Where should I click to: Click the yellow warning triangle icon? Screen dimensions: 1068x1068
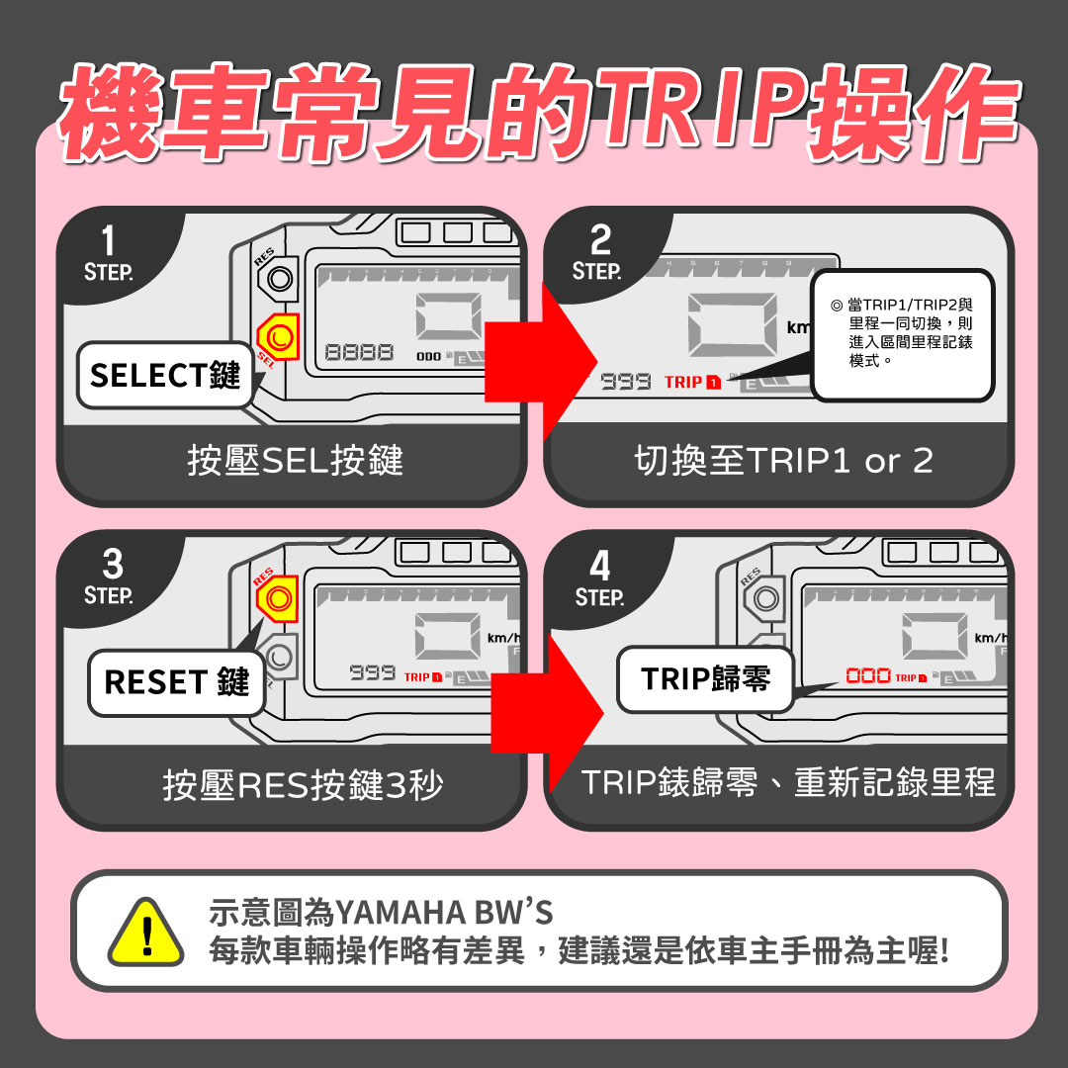click(145, 932)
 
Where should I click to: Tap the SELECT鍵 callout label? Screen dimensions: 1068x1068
click(164, 375)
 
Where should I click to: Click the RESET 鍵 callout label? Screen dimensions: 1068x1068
click(176, 682)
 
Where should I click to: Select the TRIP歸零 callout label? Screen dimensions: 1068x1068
click(705, 679)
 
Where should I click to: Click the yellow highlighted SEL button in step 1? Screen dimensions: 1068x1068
click(278, 338)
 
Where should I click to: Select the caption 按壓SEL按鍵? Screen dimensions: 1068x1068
click(295, 461)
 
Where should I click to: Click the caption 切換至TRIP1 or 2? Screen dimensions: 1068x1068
click(782, 461)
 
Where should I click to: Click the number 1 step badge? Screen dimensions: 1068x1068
click(109, 253)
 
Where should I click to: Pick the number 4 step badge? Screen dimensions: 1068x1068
click(599, 578)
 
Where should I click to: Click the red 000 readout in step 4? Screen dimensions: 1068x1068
click(868, 675)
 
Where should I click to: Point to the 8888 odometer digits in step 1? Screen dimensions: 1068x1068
click(358, 353)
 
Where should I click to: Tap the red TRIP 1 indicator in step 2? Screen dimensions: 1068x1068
click(692, 382)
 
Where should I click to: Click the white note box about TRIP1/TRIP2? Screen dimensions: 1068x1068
click(901, 334)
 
